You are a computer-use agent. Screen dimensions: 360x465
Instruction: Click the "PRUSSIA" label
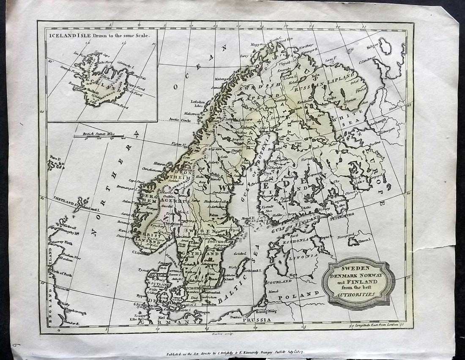point(260,320)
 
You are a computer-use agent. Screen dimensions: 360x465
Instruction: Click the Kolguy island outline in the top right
point(386,45)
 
